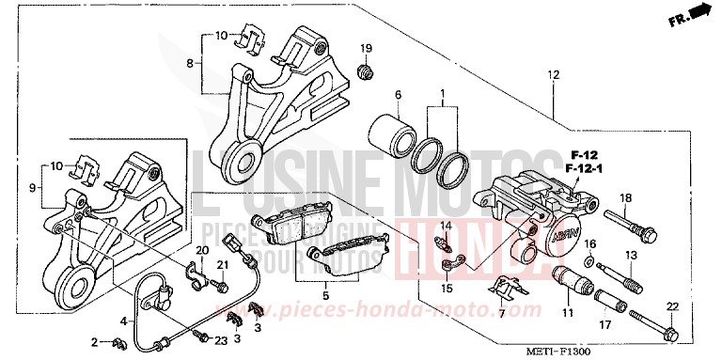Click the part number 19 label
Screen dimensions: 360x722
367,49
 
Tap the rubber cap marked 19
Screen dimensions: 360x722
368,70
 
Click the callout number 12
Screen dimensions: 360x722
553,75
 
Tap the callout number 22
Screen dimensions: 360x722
671,307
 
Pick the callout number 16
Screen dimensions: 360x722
589,243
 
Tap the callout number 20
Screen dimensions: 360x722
200,248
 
